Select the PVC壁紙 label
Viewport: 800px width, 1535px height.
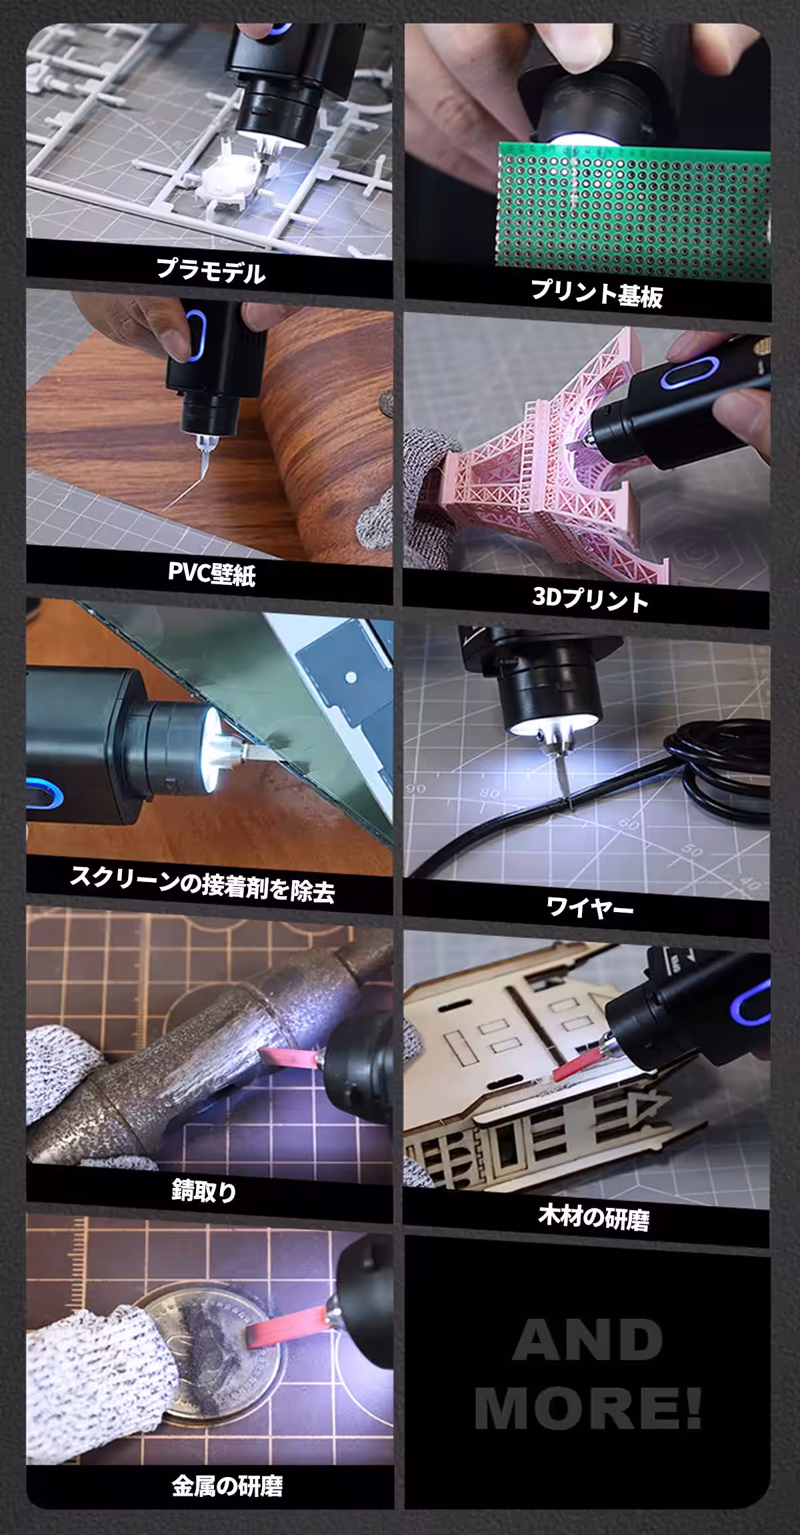(x=211, y=573)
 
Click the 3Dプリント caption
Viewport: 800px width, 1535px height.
(x=590, y=600)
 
